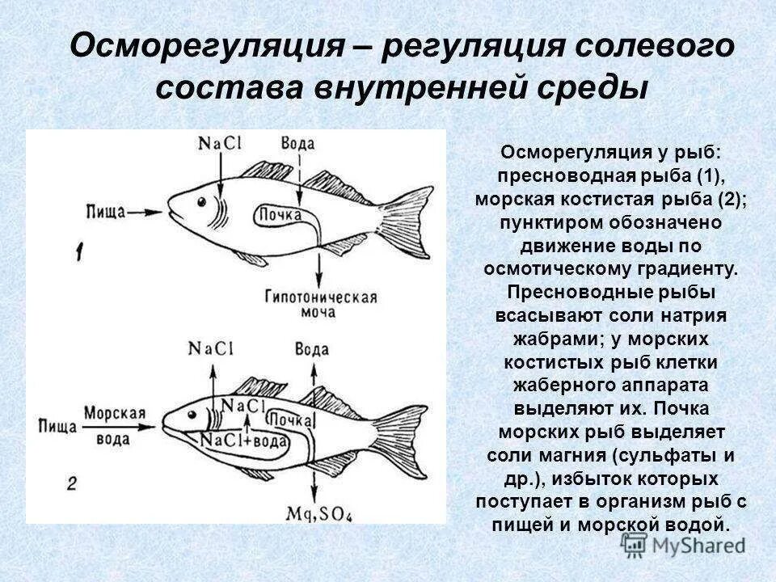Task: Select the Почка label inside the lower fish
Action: pyautogui.click(x=290, y=419)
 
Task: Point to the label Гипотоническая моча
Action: pyautogui.click(x=321, y=304)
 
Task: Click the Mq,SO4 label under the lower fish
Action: pyautogui.click(x=314, y=512)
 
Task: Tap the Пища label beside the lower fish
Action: pyautogui.click(x=57, y=426)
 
